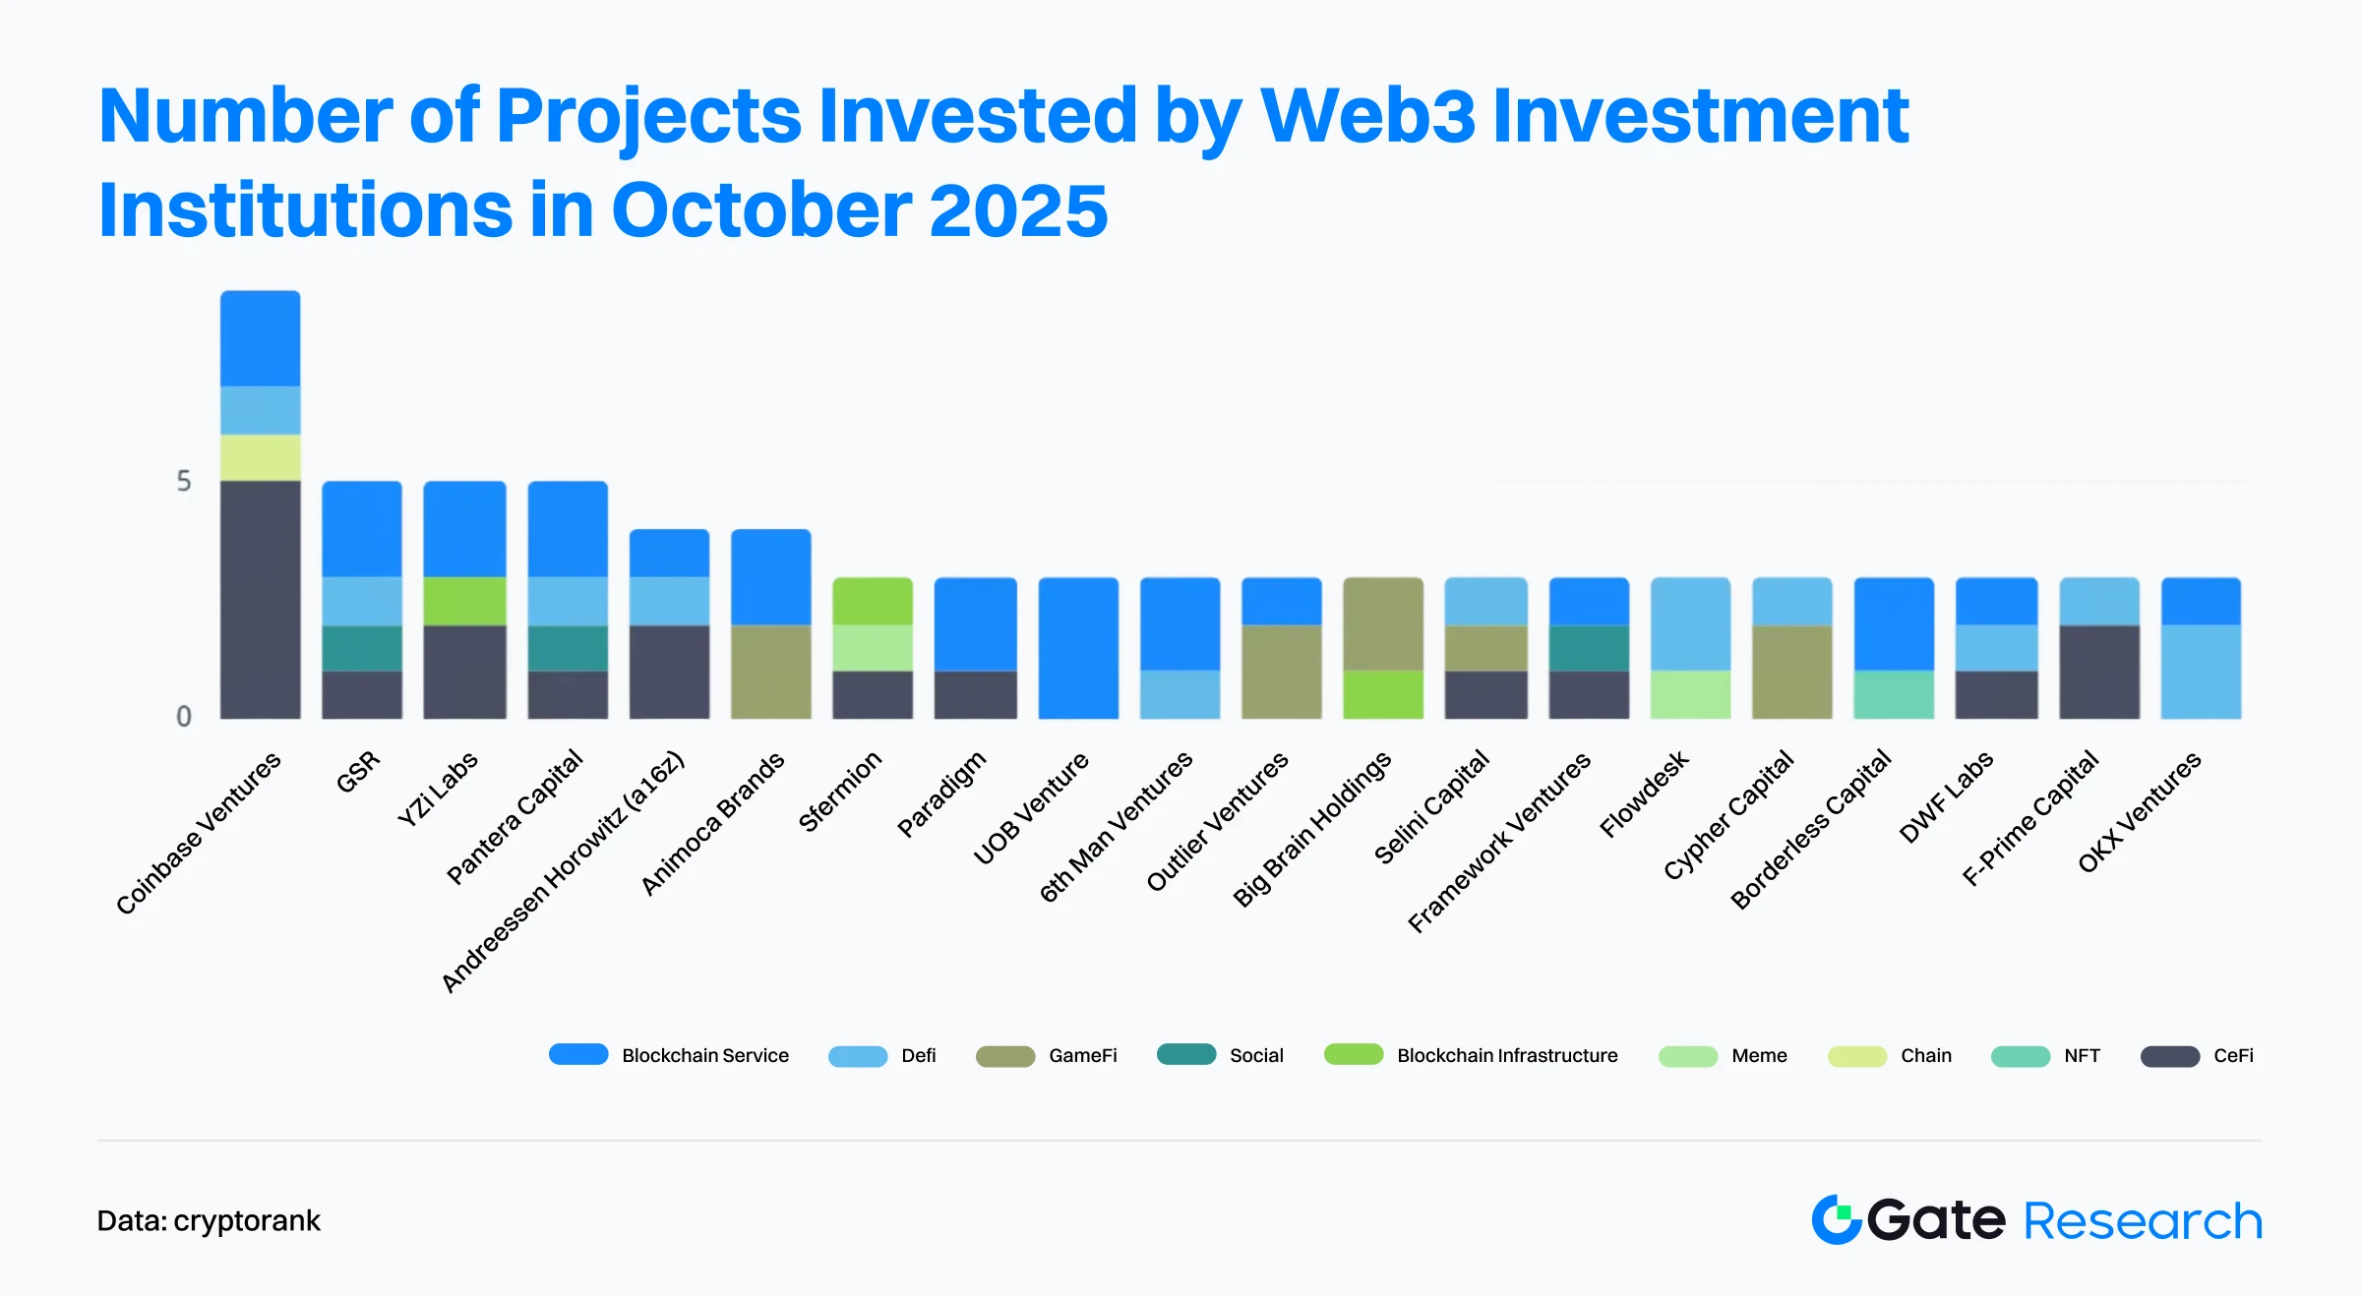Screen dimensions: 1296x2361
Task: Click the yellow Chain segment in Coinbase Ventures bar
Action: coord(260,457)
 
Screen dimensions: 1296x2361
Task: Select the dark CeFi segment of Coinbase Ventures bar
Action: coord(260,600)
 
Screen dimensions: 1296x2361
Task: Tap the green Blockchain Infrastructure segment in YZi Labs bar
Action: coord(464,601)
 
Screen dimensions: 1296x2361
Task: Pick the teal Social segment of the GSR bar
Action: coord(362,648)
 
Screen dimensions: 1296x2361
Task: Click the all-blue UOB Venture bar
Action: coord(1078,648)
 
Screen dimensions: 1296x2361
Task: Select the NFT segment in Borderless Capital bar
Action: coord(1894,694)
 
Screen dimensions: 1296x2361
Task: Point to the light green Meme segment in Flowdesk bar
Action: coord(1690,694)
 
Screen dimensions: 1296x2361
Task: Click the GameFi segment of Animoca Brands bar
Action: coord(770,672)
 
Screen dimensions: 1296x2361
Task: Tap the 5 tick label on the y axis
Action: coord(184,481)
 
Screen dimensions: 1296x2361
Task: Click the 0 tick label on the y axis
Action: coord(184,717)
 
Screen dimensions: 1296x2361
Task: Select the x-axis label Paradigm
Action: coord(941,795)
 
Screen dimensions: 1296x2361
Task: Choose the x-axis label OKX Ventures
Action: coord(2139,812)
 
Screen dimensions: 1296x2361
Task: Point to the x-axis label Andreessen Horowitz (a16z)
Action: coord(562,872)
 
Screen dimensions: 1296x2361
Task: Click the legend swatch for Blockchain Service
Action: coord(578,1054)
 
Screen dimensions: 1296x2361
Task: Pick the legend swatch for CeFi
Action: coord(2169,1056)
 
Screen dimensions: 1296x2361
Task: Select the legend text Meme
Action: coord(1759,1056)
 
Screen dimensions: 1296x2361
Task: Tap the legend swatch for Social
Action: coord(1186,1054)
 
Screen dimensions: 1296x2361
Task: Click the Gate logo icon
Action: coord(1836,1220)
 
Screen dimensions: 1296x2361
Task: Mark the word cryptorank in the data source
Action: coord(247,1221)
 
